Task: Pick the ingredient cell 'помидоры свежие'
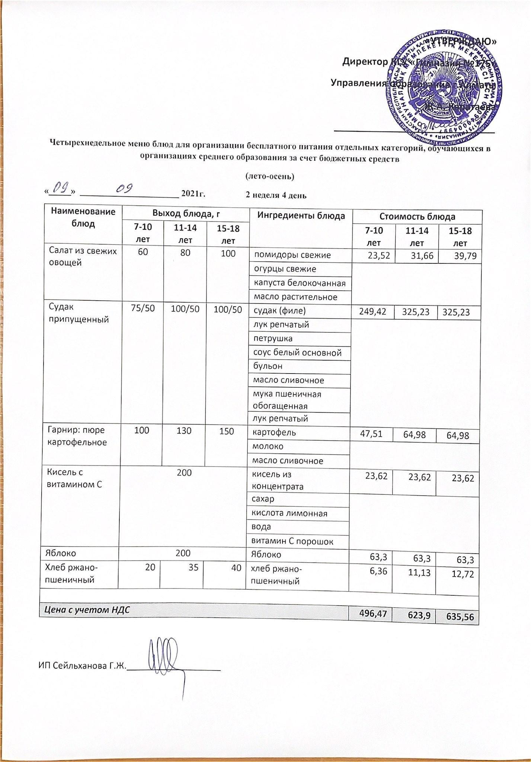coord(292,255)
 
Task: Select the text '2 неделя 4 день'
coord(276,195)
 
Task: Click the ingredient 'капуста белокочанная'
coord(300,283)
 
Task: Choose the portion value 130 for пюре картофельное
coord(184,431)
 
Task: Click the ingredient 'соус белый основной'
coord(297,352)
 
